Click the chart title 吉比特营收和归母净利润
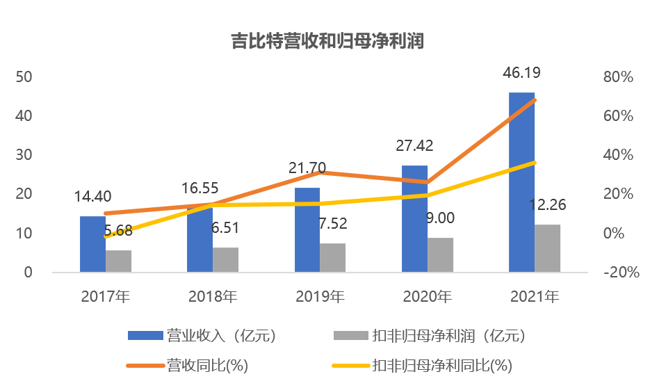(327, 41)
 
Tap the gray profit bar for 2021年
(547, 248)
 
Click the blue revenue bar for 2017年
(92, 244)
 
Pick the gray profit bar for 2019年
(332, 257)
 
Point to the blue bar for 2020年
(414, 219)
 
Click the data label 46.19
(521, 73)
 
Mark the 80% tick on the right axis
(617, 77)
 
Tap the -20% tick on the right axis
(621, 273)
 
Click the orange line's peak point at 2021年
(534, 100)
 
